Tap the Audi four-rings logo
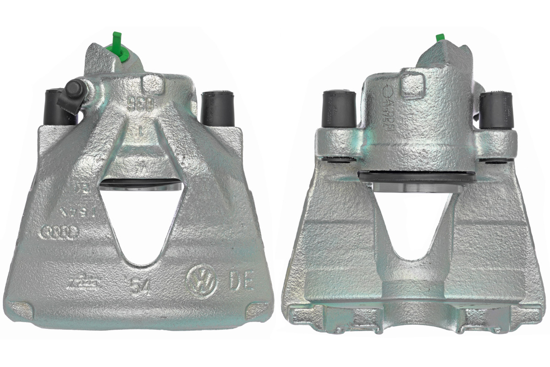(60, 232)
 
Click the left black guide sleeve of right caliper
(340, 109)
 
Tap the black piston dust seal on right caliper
(415, 177)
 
